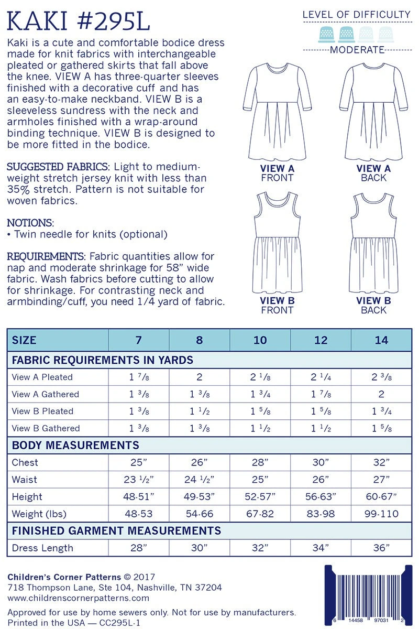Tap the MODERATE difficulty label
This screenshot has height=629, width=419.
(358, 50)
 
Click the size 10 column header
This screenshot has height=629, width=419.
(260, 340)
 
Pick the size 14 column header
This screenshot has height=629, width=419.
(381, 340)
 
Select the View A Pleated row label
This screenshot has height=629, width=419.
(42, 377)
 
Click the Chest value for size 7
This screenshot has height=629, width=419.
(138, 462)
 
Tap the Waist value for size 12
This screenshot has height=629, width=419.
(321, 479)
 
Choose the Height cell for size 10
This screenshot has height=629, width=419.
(260, 496)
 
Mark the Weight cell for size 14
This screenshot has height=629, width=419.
(381, 514)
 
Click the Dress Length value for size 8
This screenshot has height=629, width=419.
(199, 548)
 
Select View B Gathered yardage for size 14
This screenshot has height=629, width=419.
(381, 428)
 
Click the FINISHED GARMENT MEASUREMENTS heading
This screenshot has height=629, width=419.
(116, 531)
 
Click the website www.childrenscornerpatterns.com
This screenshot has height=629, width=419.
(79, 598)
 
